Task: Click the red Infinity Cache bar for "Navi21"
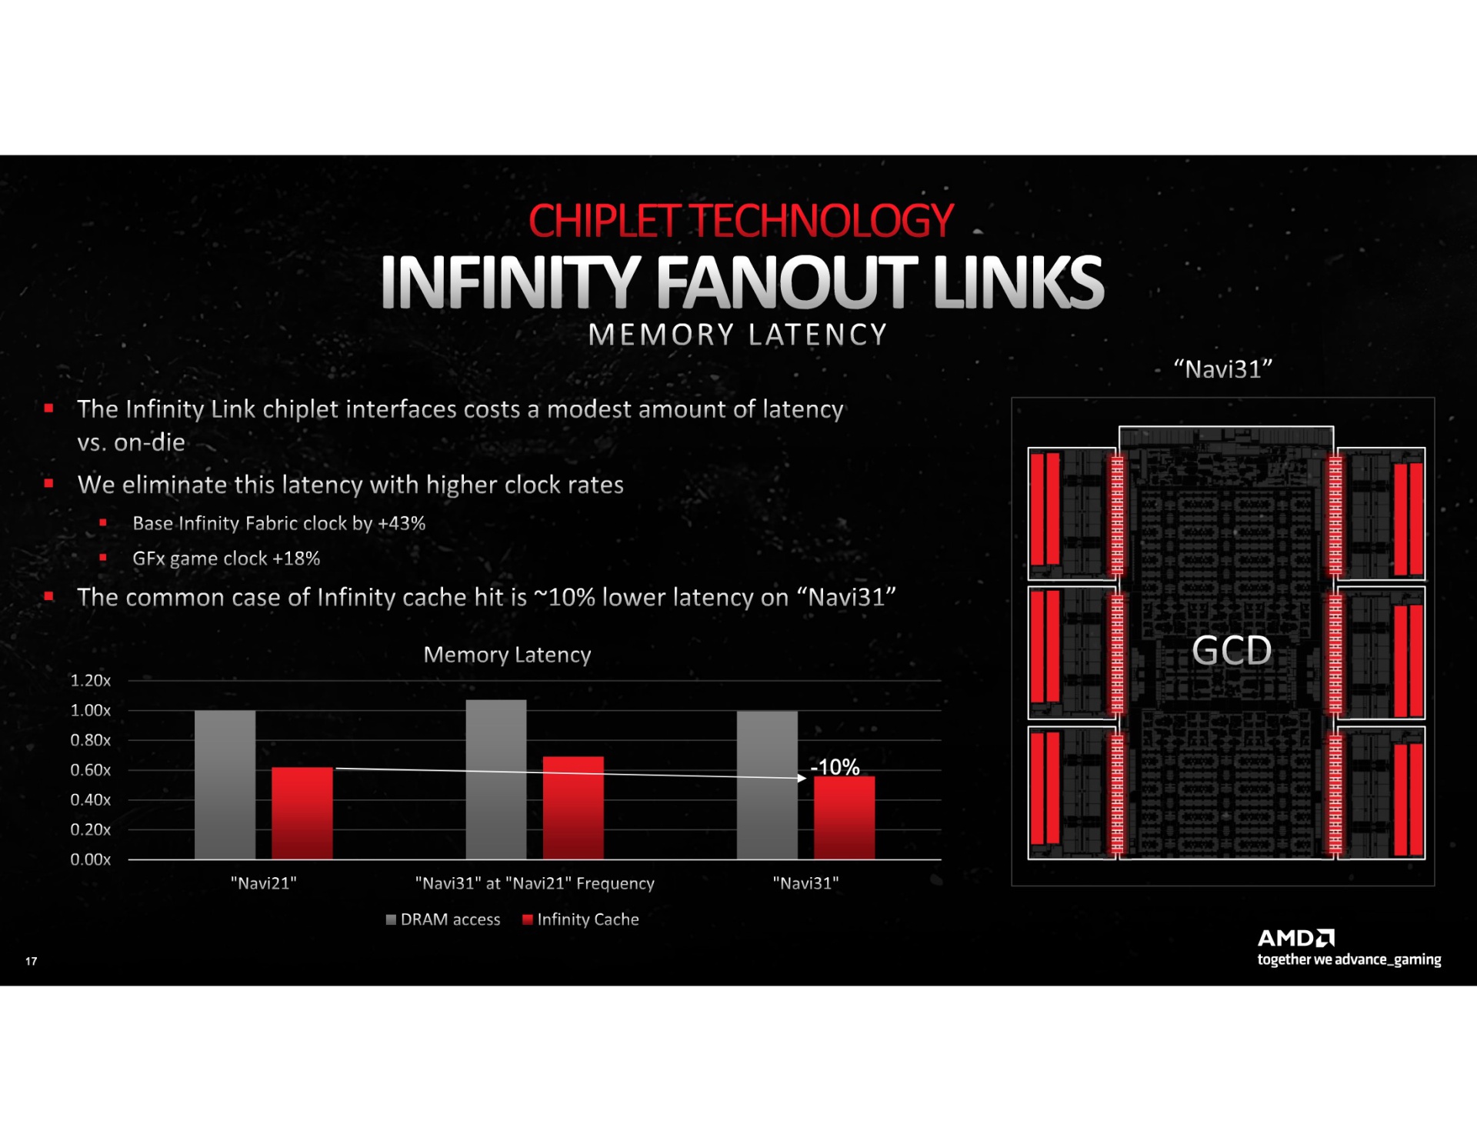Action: [x=302, y=813]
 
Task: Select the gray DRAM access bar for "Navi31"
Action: [x=767, y=785]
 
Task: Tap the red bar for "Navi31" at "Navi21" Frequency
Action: [x=573, y=808]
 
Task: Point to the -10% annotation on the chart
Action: [x=835, y=767]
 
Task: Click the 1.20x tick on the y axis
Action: [x=91, y=680]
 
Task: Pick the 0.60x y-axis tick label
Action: [x=91, y=770]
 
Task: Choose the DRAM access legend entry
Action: [x=443, y=919]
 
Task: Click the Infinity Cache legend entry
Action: [x=581, y=919]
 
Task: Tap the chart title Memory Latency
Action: [x=507, y=655]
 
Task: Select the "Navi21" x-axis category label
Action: [x=264, y=883]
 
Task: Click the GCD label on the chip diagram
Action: [x=1232, y=651]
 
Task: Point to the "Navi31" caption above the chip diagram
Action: [x=1223, y=369]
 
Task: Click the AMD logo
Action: [x=1296, y=938]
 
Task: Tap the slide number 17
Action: [x=32, y=961]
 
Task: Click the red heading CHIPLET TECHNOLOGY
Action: [x=741, y=221]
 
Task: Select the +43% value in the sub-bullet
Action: [x=402, y=523]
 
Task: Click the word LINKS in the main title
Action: [x=1018, y=283]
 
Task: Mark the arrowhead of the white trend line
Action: [x=802, y=779]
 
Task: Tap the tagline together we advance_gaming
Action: [x=1349, y=959]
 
